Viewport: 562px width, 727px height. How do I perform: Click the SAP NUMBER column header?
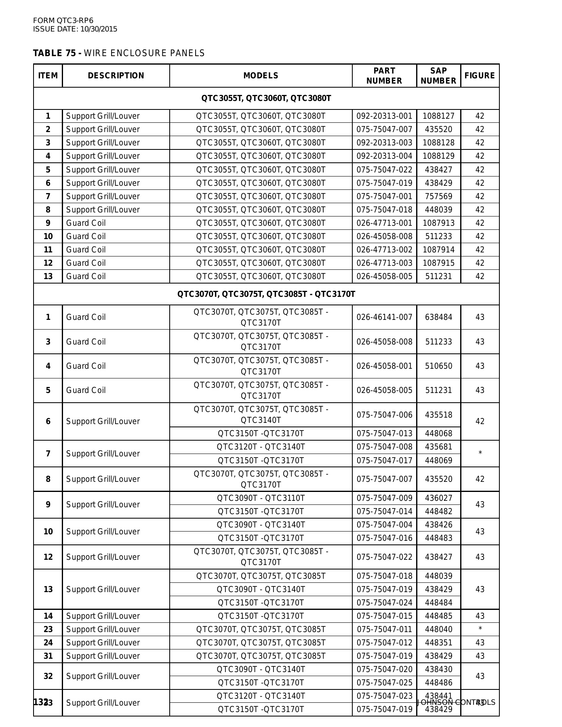coord(438,76)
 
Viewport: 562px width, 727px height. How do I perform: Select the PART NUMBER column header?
coord(384,76)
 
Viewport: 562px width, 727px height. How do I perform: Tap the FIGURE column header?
coord(480,76)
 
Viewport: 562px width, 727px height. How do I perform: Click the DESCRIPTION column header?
coord(116,76)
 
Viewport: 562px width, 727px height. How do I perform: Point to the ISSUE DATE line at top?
coord(75,29)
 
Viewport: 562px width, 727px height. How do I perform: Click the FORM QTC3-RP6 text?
coord(63,21)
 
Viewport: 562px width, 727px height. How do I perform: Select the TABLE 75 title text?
coord(119,53)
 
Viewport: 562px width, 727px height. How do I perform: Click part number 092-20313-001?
coord(384,116)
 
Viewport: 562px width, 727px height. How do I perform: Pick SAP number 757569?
coord(438,196)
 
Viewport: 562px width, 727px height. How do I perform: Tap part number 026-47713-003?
coord(384,263)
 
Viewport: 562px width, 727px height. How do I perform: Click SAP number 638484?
coord(438,317)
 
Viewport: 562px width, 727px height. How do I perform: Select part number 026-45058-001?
coord(384,366)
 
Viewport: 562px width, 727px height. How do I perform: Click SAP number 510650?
coord(438,366)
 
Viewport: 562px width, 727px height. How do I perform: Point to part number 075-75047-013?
coord(384,433)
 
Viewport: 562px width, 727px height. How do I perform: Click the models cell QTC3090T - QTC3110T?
coord(261,498)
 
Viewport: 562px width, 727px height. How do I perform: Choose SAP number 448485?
coord(438,616)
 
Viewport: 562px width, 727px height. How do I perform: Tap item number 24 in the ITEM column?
coord(48,643)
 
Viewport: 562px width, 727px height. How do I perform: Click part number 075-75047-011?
coord(384,629)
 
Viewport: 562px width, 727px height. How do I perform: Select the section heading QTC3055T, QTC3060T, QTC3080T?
coord(266,99)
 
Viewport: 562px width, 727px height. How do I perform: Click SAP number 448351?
coord(438,643)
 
